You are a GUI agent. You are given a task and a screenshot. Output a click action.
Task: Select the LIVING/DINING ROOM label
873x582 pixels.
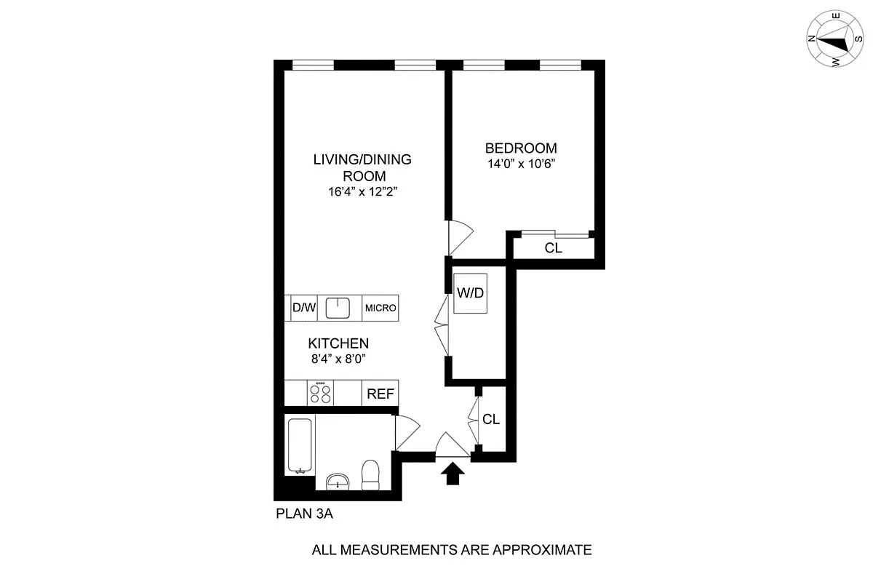click(x=362, y=167)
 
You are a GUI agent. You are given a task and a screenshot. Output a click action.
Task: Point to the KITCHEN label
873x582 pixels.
click(x=338, y=343)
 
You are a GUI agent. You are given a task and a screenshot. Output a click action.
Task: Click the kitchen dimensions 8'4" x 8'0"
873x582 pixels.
click(x=338, y=358)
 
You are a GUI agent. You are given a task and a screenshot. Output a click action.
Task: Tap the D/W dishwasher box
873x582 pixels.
click(x=304, y=308)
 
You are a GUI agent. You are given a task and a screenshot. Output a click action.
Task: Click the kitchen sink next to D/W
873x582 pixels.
click(x=338, y=308)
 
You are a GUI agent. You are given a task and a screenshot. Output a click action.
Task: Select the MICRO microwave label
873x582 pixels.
click(x=380, y=308)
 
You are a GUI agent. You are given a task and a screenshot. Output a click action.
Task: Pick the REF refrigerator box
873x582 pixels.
click(x=380, y=394)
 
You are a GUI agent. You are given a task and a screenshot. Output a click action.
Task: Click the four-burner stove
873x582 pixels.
click(x=320, y=394)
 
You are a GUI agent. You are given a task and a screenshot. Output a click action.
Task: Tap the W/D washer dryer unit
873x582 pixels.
click(x=470, y=293)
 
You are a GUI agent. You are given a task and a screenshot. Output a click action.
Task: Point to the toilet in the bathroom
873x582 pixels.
click(x=370, y=474)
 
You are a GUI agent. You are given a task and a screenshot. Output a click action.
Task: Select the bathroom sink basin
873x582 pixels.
click(x=337, y=481)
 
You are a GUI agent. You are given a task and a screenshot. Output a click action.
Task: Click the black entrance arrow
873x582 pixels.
click(x=453, y=474)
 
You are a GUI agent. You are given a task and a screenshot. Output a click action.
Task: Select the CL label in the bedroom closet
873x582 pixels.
click(x=554, y=248)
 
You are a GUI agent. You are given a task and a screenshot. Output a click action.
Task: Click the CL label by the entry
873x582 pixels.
click(x=492, y=420)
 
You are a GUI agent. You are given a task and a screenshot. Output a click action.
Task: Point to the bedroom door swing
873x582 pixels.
click(x=460, y=234)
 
